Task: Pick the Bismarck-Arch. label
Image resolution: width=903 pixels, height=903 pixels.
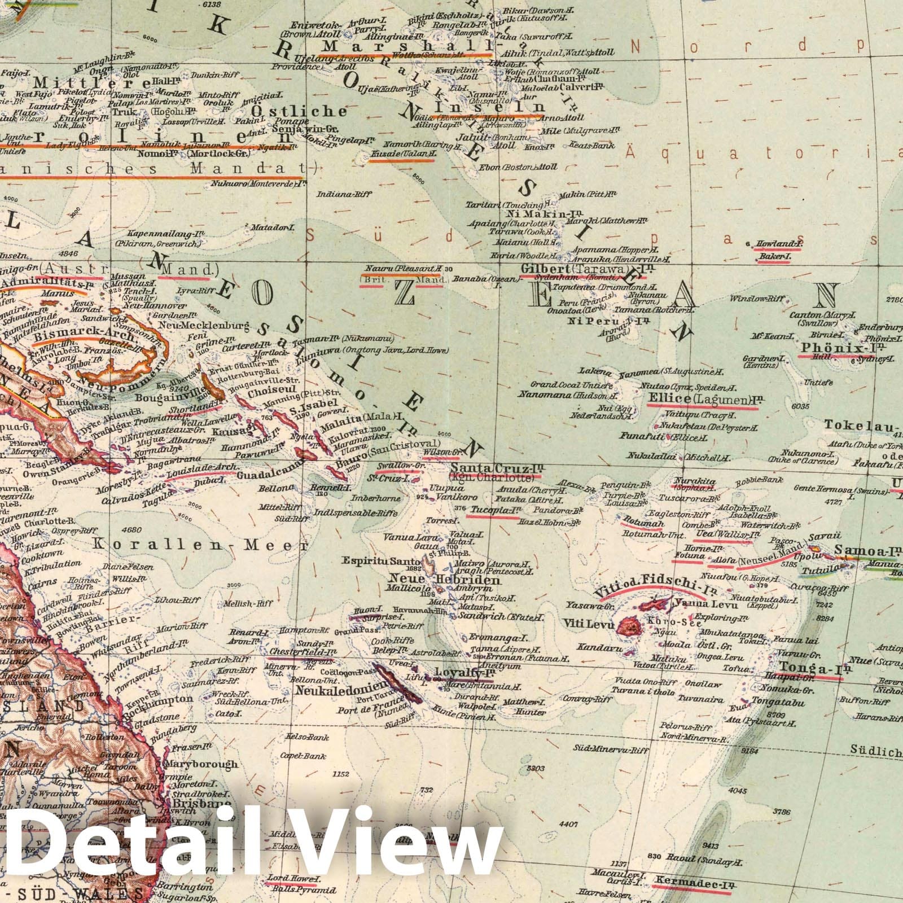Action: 84,336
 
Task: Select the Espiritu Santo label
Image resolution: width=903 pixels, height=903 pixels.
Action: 380,561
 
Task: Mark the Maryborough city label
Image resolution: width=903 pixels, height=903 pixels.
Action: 200,764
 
